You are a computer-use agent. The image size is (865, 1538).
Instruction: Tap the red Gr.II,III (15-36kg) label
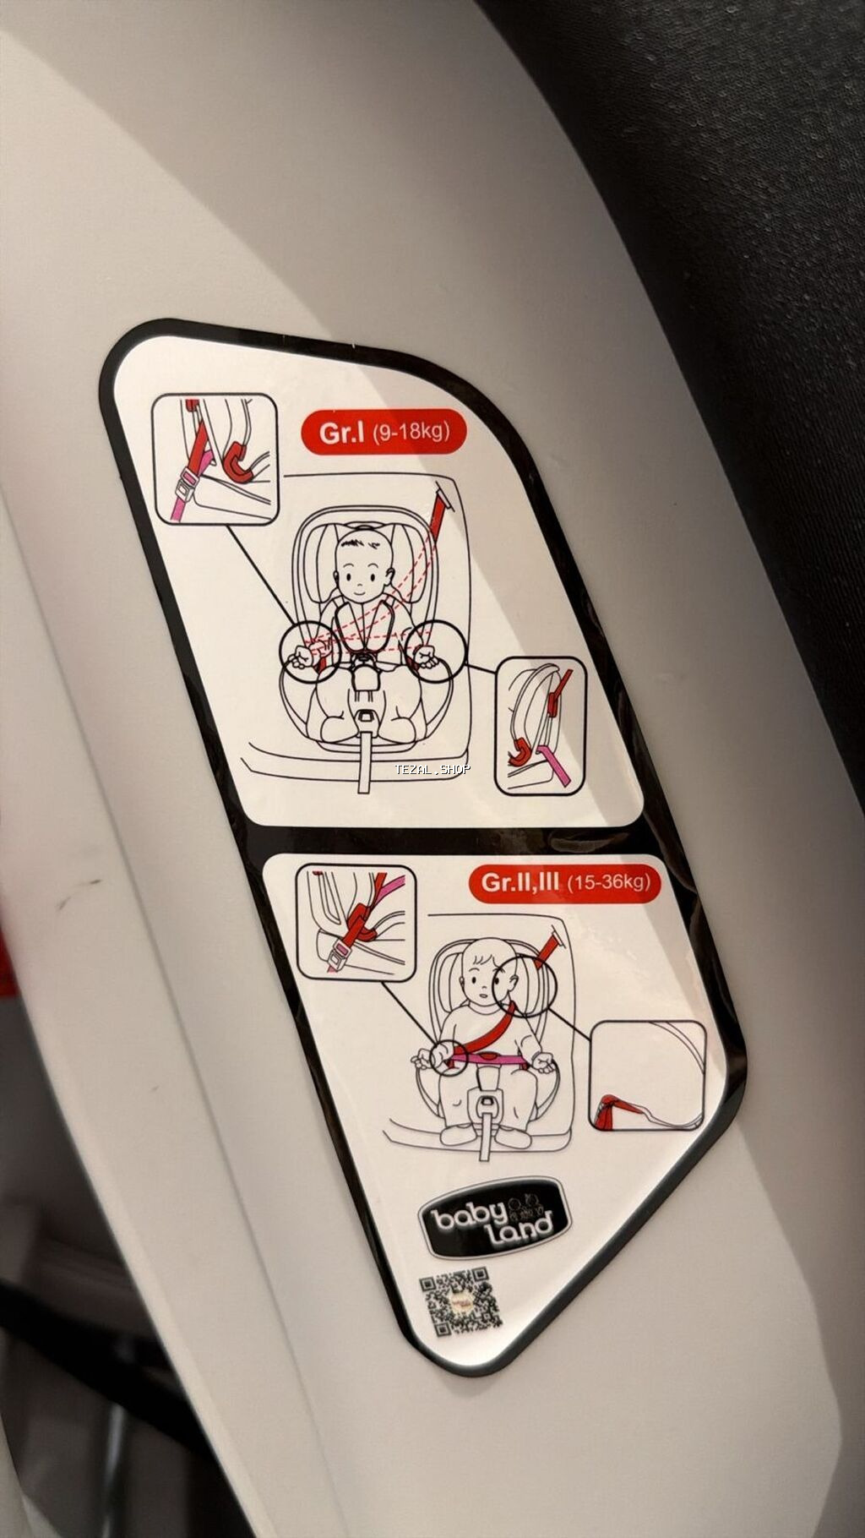[x=564, y=882]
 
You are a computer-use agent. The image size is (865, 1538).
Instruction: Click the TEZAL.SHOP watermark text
[x=432, y=768]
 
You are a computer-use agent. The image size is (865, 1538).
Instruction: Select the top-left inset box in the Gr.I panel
[x=215, y=460]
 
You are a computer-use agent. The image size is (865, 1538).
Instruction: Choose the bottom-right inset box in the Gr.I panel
[x=541, y=727]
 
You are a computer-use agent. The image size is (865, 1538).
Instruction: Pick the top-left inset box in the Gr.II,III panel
[x=356, y=923]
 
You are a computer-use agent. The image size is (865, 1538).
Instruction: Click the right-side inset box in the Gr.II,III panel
[x=647, y=1076]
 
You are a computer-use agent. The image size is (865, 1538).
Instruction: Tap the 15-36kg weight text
[x=609, y=883]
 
